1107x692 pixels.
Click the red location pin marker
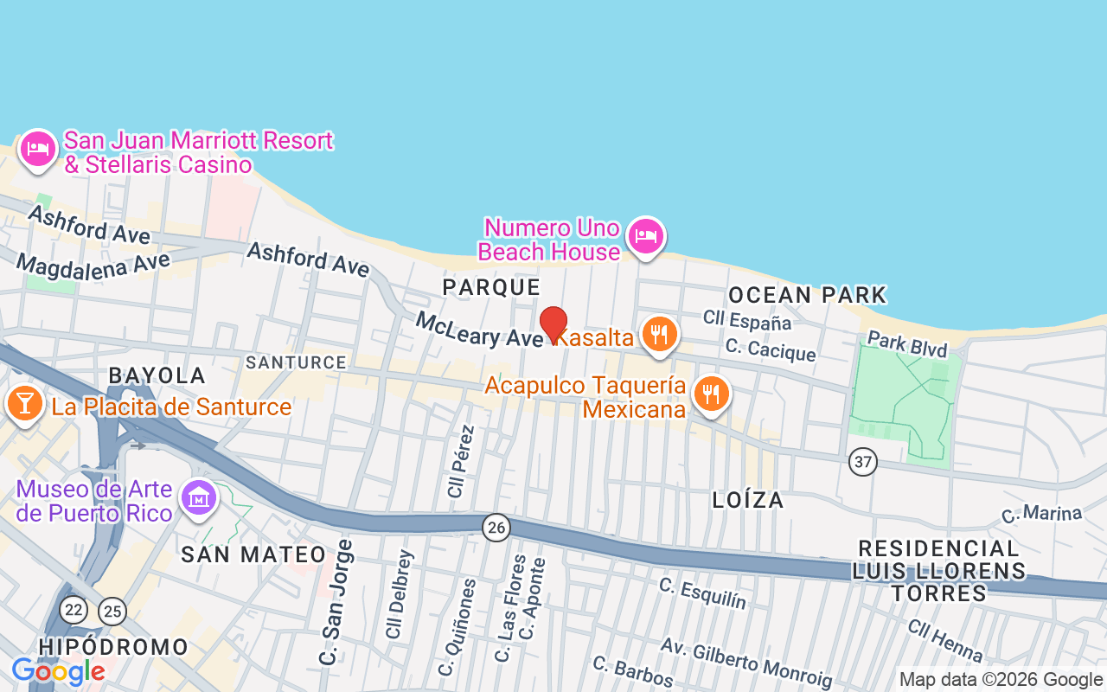coord(553,324)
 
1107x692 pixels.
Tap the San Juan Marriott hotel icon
coord(38,149)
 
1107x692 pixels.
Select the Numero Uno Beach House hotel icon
coord(646,235)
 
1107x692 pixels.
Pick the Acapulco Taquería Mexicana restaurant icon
coord(711,394)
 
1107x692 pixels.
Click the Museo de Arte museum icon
coord(200,499)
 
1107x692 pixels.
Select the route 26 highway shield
coord(496,527)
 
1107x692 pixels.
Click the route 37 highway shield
coord(862,462)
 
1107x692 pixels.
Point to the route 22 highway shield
coord(74,610)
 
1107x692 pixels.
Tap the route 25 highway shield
coord(112,612)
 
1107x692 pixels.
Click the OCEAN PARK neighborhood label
coord(808,295)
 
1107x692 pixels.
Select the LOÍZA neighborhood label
coord(748,500)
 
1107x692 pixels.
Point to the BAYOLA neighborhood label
coord(157,375)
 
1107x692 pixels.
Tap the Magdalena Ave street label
coord(93,264)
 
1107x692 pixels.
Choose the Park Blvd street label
coord(907,343)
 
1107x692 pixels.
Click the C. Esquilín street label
coord(702,593)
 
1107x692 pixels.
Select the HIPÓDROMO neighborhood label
coord(113,647)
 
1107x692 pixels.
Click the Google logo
coord(58,671)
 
